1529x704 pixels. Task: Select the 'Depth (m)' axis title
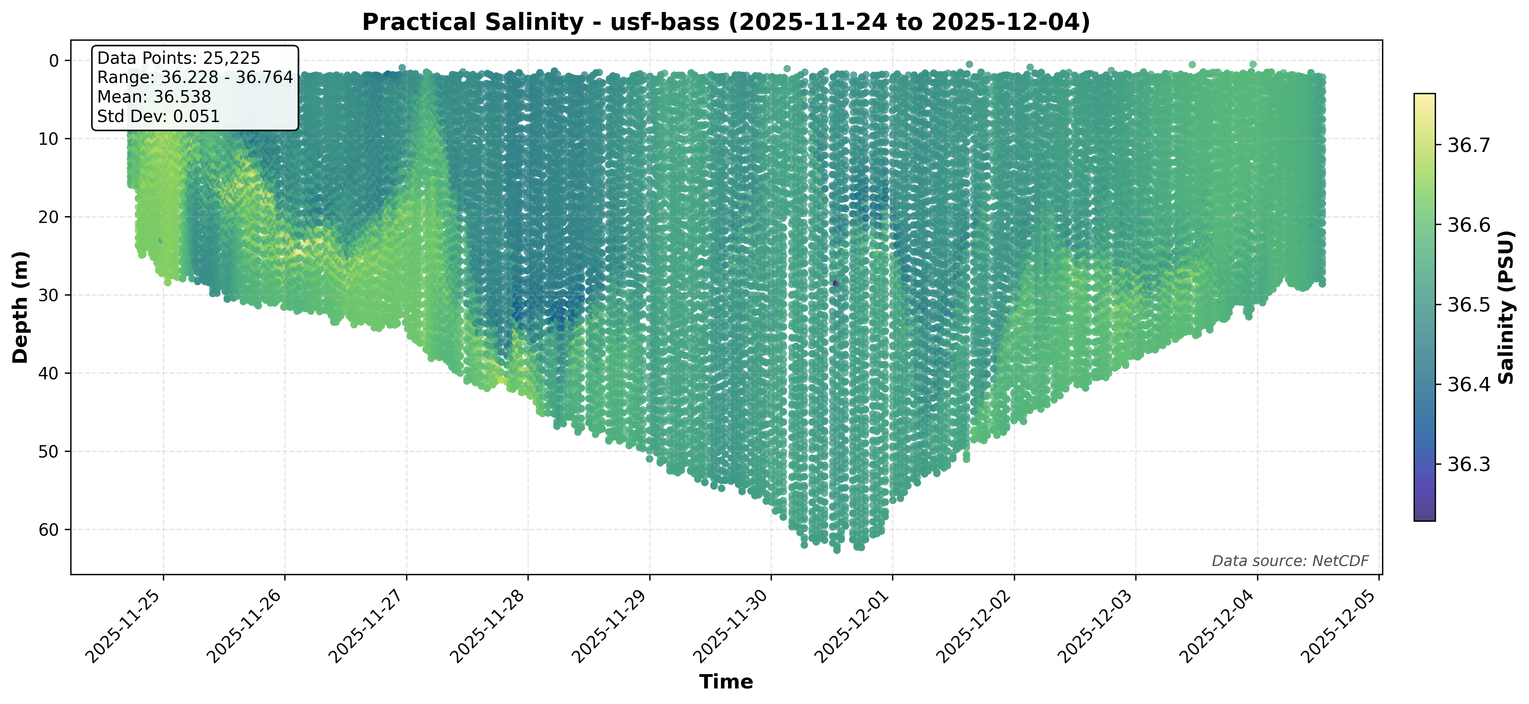[21, 307]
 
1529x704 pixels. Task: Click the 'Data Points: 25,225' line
[178, 58]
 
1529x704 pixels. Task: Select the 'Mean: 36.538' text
[154, 97]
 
